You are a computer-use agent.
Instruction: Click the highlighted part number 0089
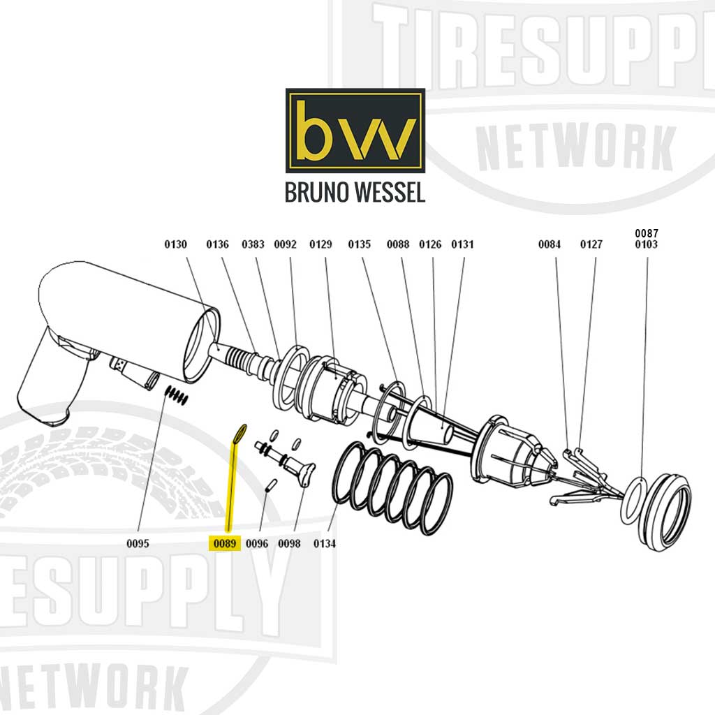225,543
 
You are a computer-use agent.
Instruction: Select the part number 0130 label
176,244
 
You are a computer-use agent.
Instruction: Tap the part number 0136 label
217,244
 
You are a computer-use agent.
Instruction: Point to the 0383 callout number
253,244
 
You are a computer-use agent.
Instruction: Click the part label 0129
320,244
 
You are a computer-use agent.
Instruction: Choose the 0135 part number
359,244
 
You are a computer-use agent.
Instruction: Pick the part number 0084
550,244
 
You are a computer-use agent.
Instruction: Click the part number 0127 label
591,244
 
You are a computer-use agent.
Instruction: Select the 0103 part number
646,245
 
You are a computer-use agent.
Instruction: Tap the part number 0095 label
138,543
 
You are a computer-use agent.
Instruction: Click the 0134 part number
325,543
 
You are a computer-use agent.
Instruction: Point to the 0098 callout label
289,543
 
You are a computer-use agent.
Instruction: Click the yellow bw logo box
355,131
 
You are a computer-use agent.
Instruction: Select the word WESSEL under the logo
391,192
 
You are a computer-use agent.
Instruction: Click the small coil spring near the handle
177,396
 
